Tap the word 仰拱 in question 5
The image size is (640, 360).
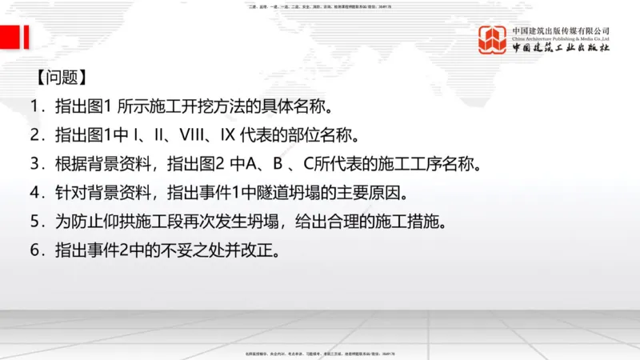pos(118,222)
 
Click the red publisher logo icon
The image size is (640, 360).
pos(493,39)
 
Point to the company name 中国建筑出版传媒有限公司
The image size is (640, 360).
pos(561,31)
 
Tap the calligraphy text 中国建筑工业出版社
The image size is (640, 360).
pos(561,48)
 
